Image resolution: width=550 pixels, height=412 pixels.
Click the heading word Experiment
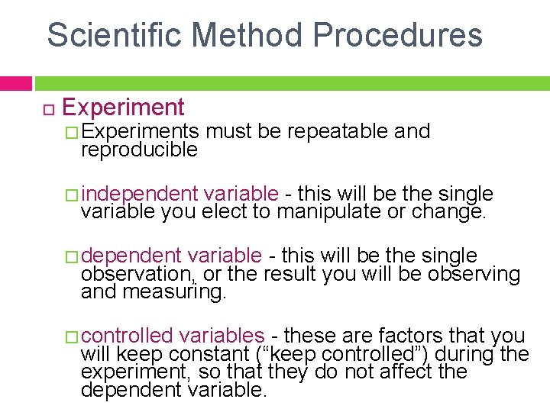[123, 108]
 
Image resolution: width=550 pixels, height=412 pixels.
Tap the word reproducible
[139, 150]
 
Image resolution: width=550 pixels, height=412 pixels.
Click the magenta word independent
[139, 194]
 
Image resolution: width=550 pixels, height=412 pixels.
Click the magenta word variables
[222, 335]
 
